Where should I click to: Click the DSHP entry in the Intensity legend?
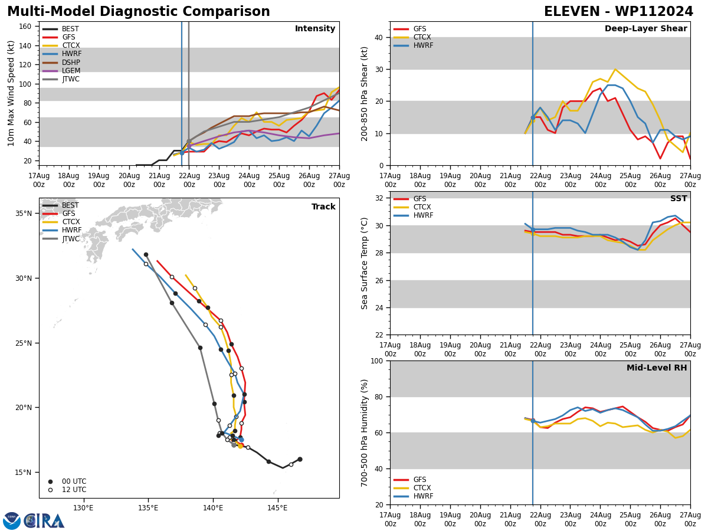pos(71,63)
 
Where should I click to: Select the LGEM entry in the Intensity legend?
pos(71,71)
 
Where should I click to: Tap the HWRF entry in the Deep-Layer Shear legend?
pos(423,45)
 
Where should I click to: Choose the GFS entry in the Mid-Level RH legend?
pos(419,480)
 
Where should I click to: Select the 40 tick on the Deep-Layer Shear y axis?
pos(378,37)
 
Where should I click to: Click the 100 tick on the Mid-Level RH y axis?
pos(376,360)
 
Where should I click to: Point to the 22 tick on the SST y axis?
pos(378,335)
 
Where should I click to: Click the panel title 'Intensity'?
pos(315,29)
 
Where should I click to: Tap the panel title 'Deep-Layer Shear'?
pos(645,29)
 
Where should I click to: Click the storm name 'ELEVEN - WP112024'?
pos(618,12)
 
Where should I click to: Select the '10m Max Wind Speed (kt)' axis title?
pos(11,93)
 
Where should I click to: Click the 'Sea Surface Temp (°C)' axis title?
pos(365,263)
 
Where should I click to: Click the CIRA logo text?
pos(45,521)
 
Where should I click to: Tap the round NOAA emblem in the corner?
pos(12,521)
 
